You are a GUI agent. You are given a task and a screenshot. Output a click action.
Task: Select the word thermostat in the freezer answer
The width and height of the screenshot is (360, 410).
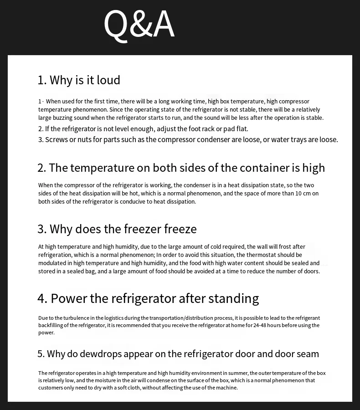pyautogui.click(x=257, y=255)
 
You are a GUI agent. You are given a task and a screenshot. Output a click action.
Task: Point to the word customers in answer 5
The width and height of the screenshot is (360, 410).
pyautogui.click(x=50, y=388)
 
